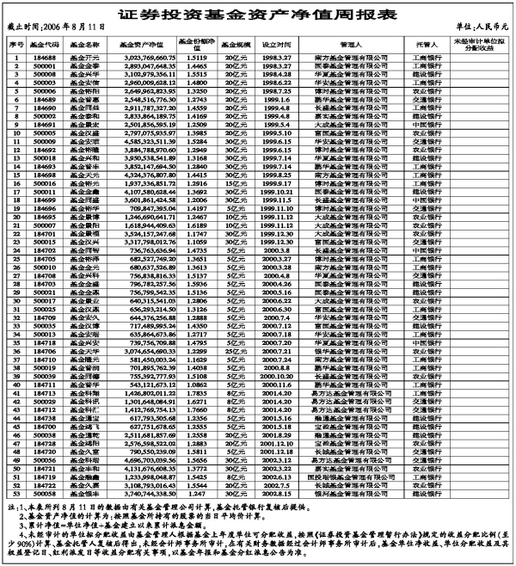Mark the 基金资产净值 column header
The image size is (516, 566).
pyautogui.click(x=141, y=43)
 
